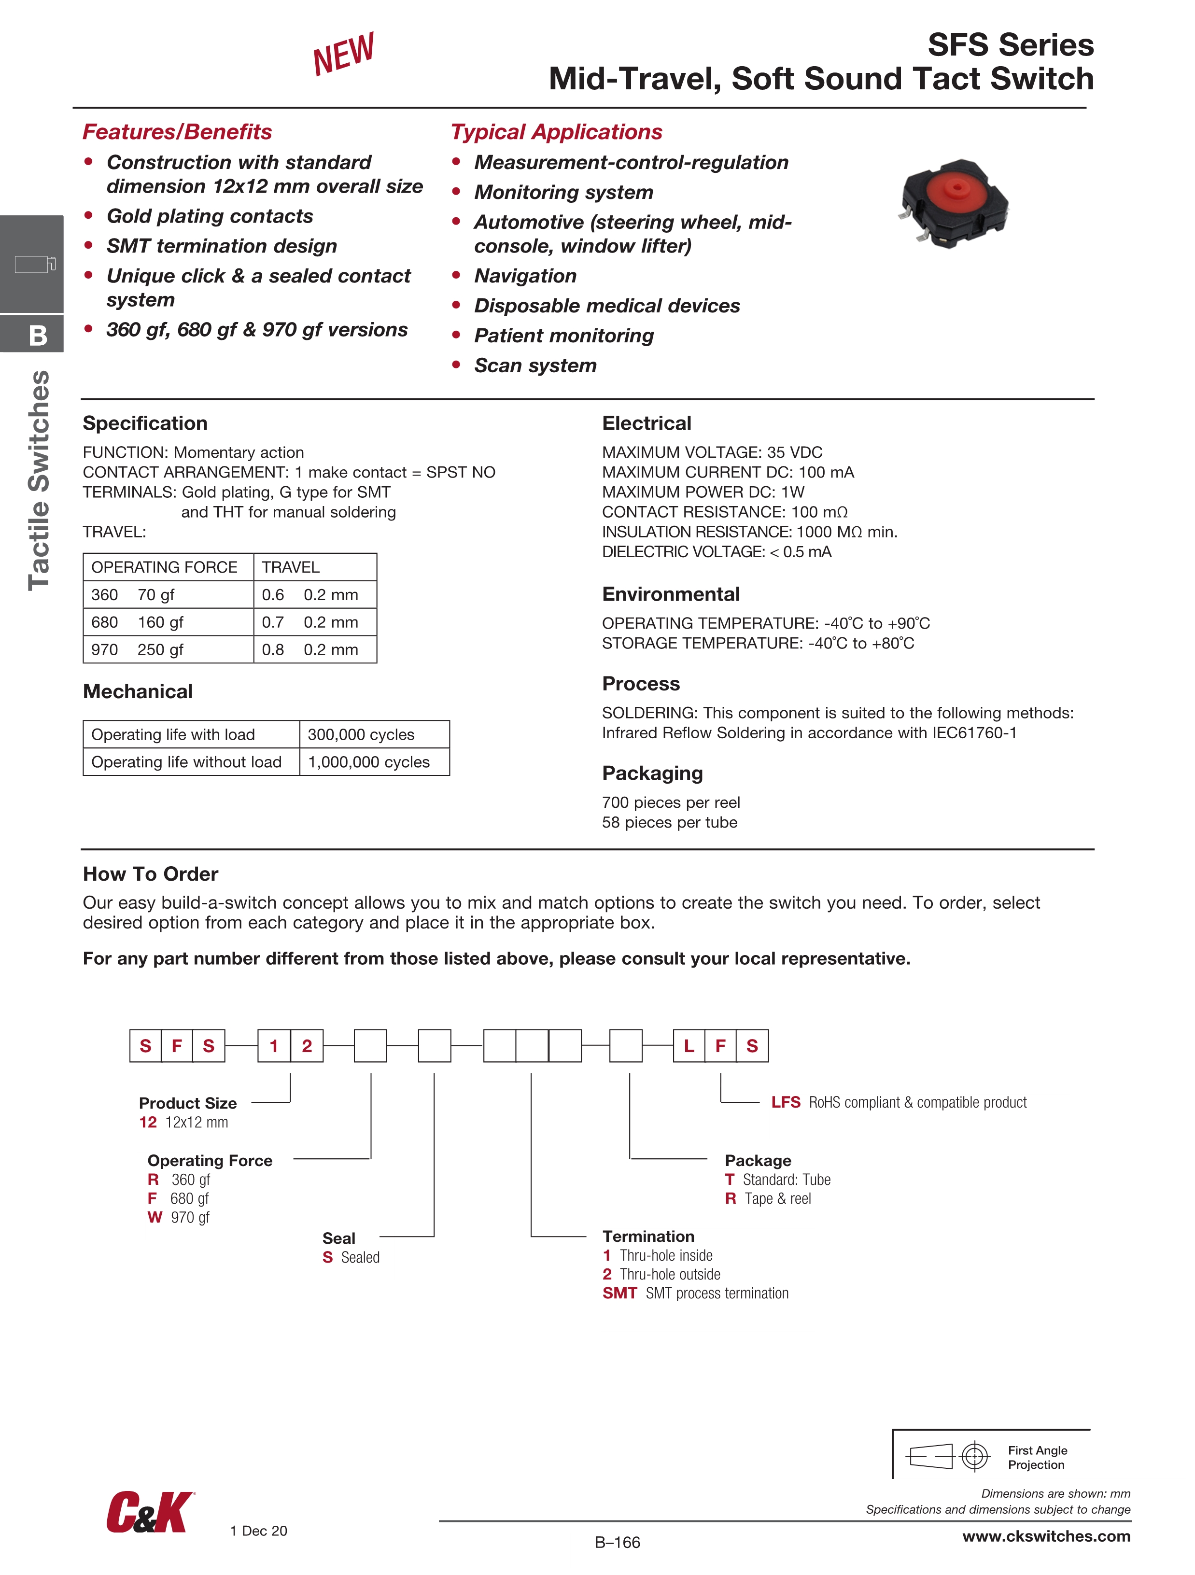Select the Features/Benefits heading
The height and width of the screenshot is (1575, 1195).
pyautogui.click(x=177, y=132)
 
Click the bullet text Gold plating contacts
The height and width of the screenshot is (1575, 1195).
pyautogui.click(x=210, y=216)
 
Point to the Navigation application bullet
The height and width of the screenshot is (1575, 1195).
pyautogui.click(x=525, y=276)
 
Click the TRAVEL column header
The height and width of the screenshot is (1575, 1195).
pyautogui.click(x=291, y=567)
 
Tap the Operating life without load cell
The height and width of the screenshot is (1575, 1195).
pyautogui.click(x=186, y=762)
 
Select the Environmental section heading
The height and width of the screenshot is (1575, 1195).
pyautogui.click(x=670, y=594)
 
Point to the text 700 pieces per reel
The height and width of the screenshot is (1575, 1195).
pyautogui.click(x=670, y=802)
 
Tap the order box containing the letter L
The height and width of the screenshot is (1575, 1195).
pyautogui.click(x=689, y=1046)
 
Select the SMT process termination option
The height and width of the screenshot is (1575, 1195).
pyautogui.click(x=695, y=1293)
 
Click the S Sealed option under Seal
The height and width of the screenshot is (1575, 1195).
pyautogui.click(x=351, y=1257)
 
